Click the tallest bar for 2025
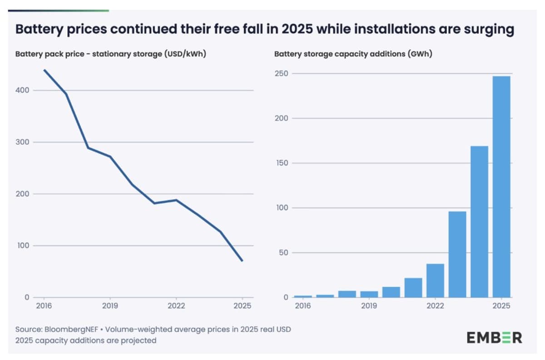tap(501, 187)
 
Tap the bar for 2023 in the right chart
tap(457, 255)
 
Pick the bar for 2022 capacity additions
tap(435, 280)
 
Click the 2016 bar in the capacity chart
tap(303, 296)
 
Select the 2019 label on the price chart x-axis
tap(110, 306)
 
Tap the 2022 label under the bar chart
tap(435, 306)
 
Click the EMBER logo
tap(494, 337)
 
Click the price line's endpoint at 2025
tap(242, 260)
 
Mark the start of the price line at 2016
tap(44, 70)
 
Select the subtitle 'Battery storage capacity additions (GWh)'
tap(353, 54)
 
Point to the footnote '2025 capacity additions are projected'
tap(86, 340)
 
